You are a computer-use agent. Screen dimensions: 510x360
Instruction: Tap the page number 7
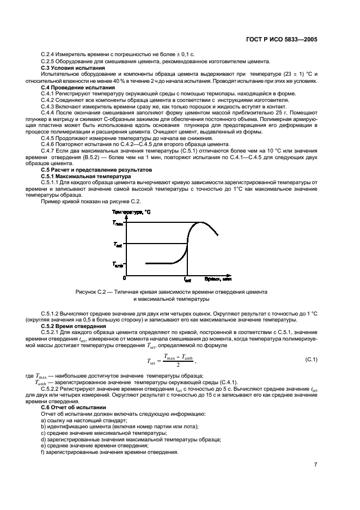pos(315,464)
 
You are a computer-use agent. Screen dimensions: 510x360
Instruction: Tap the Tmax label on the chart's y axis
pos(118,223)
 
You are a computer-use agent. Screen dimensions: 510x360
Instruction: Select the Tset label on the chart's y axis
pos(118,244)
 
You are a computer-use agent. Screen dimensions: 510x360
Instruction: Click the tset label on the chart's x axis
pos(187,279)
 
